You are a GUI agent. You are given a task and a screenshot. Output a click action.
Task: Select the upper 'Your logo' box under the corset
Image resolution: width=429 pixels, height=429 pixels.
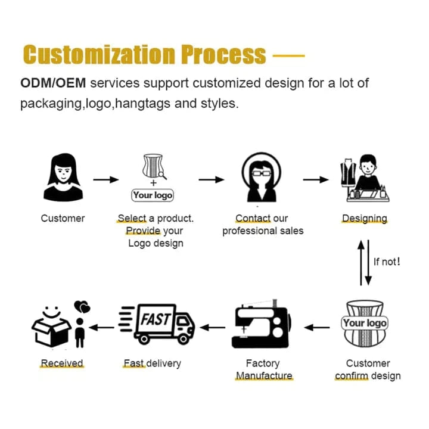pyautogui.click(x=153, y=195)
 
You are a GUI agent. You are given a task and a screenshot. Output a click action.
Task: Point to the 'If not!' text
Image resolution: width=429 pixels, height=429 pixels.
pyautogui.click(x=387, y=261)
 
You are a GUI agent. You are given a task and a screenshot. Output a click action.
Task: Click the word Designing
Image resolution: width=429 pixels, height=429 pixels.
pyautogui.click(x=365, y=218)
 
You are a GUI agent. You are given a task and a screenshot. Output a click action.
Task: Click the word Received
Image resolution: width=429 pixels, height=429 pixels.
pyautogui.click(x=62, y=363)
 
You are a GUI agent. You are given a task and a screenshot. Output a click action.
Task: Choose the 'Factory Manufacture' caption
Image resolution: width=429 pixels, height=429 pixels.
pyautogui.click(x=263, y=369)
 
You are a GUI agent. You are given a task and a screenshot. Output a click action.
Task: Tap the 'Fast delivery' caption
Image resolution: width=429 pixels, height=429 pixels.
pyautogui.click(x=152, y=363)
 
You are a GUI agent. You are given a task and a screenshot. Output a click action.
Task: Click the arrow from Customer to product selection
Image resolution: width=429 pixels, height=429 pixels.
pyautogui.click(x=106, y=179)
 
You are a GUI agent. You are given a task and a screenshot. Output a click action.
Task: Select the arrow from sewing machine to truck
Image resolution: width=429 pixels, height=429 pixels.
pyautogui.click(x=212, y=327)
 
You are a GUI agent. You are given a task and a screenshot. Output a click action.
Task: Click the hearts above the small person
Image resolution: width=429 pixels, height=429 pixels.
pyautogui.click(x=82, y=307)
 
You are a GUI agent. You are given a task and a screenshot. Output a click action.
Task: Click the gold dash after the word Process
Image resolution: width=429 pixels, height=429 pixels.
pyautogui.click(x=288, y=56)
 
